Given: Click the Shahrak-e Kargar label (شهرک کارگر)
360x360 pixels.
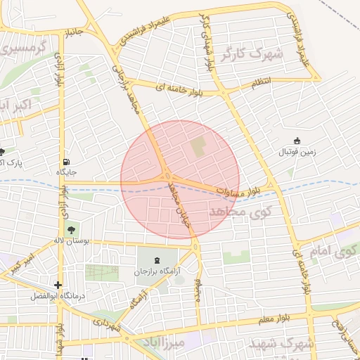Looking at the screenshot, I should (250, 53).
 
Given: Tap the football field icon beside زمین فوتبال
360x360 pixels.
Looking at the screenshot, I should (297, 140).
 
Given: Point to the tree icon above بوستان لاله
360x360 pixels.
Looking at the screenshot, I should (70, 229).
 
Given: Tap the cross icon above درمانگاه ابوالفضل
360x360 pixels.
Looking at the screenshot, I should (58, 285).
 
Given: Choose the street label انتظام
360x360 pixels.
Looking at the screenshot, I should (264, 84).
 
